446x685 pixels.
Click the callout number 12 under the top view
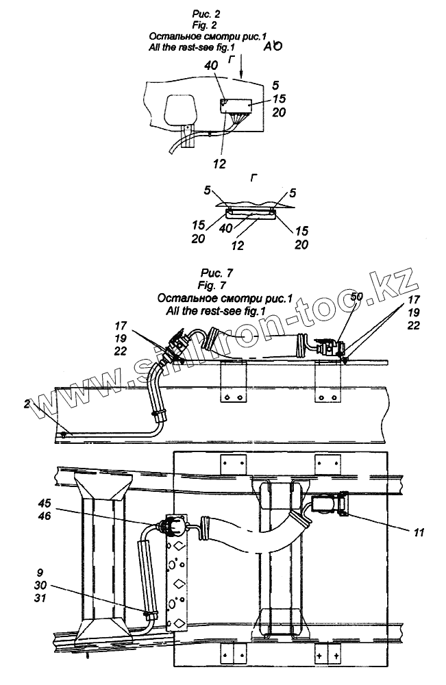219,163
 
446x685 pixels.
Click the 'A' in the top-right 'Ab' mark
268,47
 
